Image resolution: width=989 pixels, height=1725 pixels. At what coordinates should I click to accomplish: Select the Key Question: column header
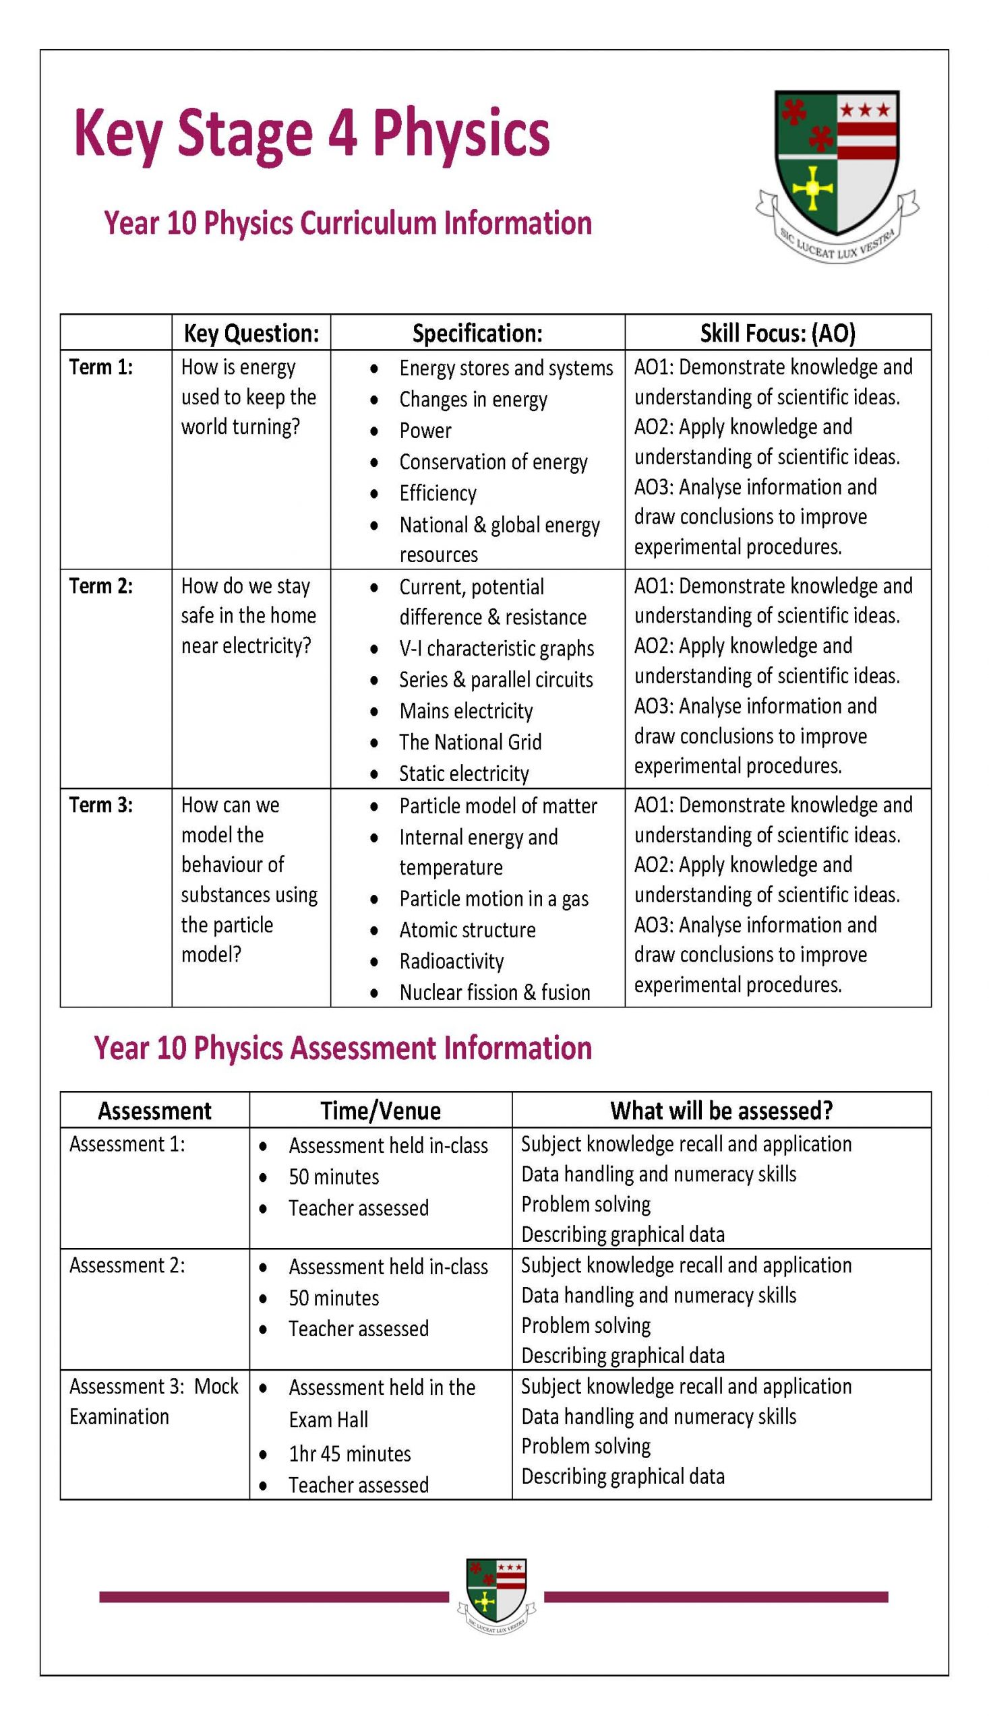tap(251, 333)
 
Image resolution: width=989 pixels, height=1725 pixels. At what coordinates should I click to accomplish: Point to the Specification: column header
tap(477, 333)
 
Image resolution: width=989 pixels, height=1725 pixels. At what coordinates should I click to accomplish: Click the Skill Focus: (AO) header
tap(778, 333)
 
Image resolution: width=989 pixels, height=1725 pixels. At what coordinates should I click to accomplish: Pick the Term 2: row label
tap(101, 586)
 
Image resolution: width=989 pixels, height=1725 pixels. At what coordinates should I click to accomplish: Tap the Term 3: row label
tap(101, 805)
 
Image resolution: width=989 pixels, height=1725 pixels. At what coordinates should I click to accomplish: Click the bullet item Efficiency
tap(438, 493)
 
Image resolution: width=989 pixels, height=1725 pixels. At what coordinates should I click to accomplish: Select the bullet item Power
tap(425, 431)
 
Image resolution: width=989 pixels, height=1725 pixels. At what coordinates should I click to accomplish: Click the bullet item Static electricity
tap(464, 774)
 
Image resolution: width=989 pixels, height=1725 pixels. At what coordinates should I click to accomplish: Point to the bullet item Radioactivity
tap(451, 962)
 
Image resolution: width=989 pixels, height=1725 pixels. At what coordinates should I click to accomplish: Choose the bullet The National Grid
tap(470, 742)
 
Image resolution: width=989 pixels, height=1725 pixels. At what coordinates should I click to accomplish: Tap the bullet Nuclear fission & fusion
tap(495, 993)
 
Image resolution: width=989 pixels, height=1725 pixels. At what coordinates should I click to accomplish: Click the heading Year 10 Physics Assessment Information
tap(343, 1048)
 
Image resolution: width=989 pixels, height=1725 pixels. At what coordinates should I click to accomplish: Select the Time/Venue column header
tap(380, 1110)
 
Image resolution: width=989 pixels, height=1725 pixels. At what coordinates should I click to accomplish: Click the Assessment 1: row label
tap(127, 1145)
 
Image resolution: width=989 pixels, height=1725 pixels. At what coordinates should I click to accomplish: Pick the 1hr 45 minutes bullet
tap(350, 1453)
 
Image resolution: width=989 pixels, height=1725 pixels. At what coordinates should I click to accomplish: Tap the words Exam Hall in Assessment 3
tap(328, 1420)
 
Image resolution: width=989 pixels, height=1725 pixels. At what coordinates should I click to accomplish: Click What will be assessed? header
tap(721, 1110)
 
